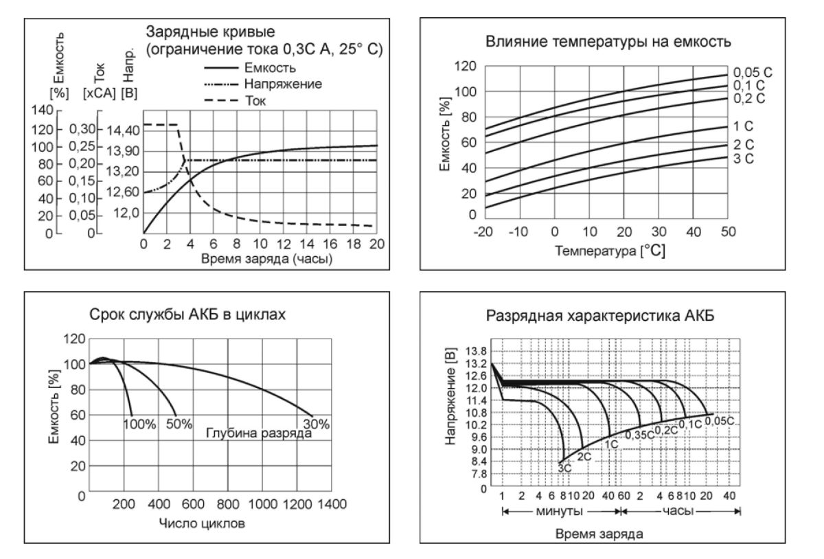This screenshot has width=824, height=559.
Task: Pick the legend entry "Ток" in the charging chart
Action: [x=255, y=100]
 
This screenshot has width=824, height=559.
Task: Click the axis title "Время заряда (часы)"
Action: [x=260, y=259]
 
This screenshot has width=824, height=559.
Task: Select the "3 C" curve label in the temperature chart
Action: [x=744, y=160]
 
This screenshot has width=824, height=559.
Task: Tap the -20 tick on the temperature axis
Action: [x=485, y=231]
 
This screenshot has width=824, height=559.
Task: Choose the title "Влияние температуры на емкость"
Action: [x=608, y=41]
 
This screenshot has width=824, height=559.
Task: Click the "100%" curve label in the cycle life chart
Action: [x=139, y=424]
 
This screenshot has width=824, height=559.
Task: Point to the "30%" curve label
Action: [x=315, y=424]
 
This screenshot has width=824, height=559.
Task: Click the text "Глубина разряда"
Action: [x=260, y=434]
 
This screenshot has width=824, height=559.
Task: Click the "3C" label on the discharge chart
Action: [x=564, y=468]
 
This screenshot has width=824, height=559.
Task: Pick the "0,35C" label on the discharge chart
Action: [x=639, y=434]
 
